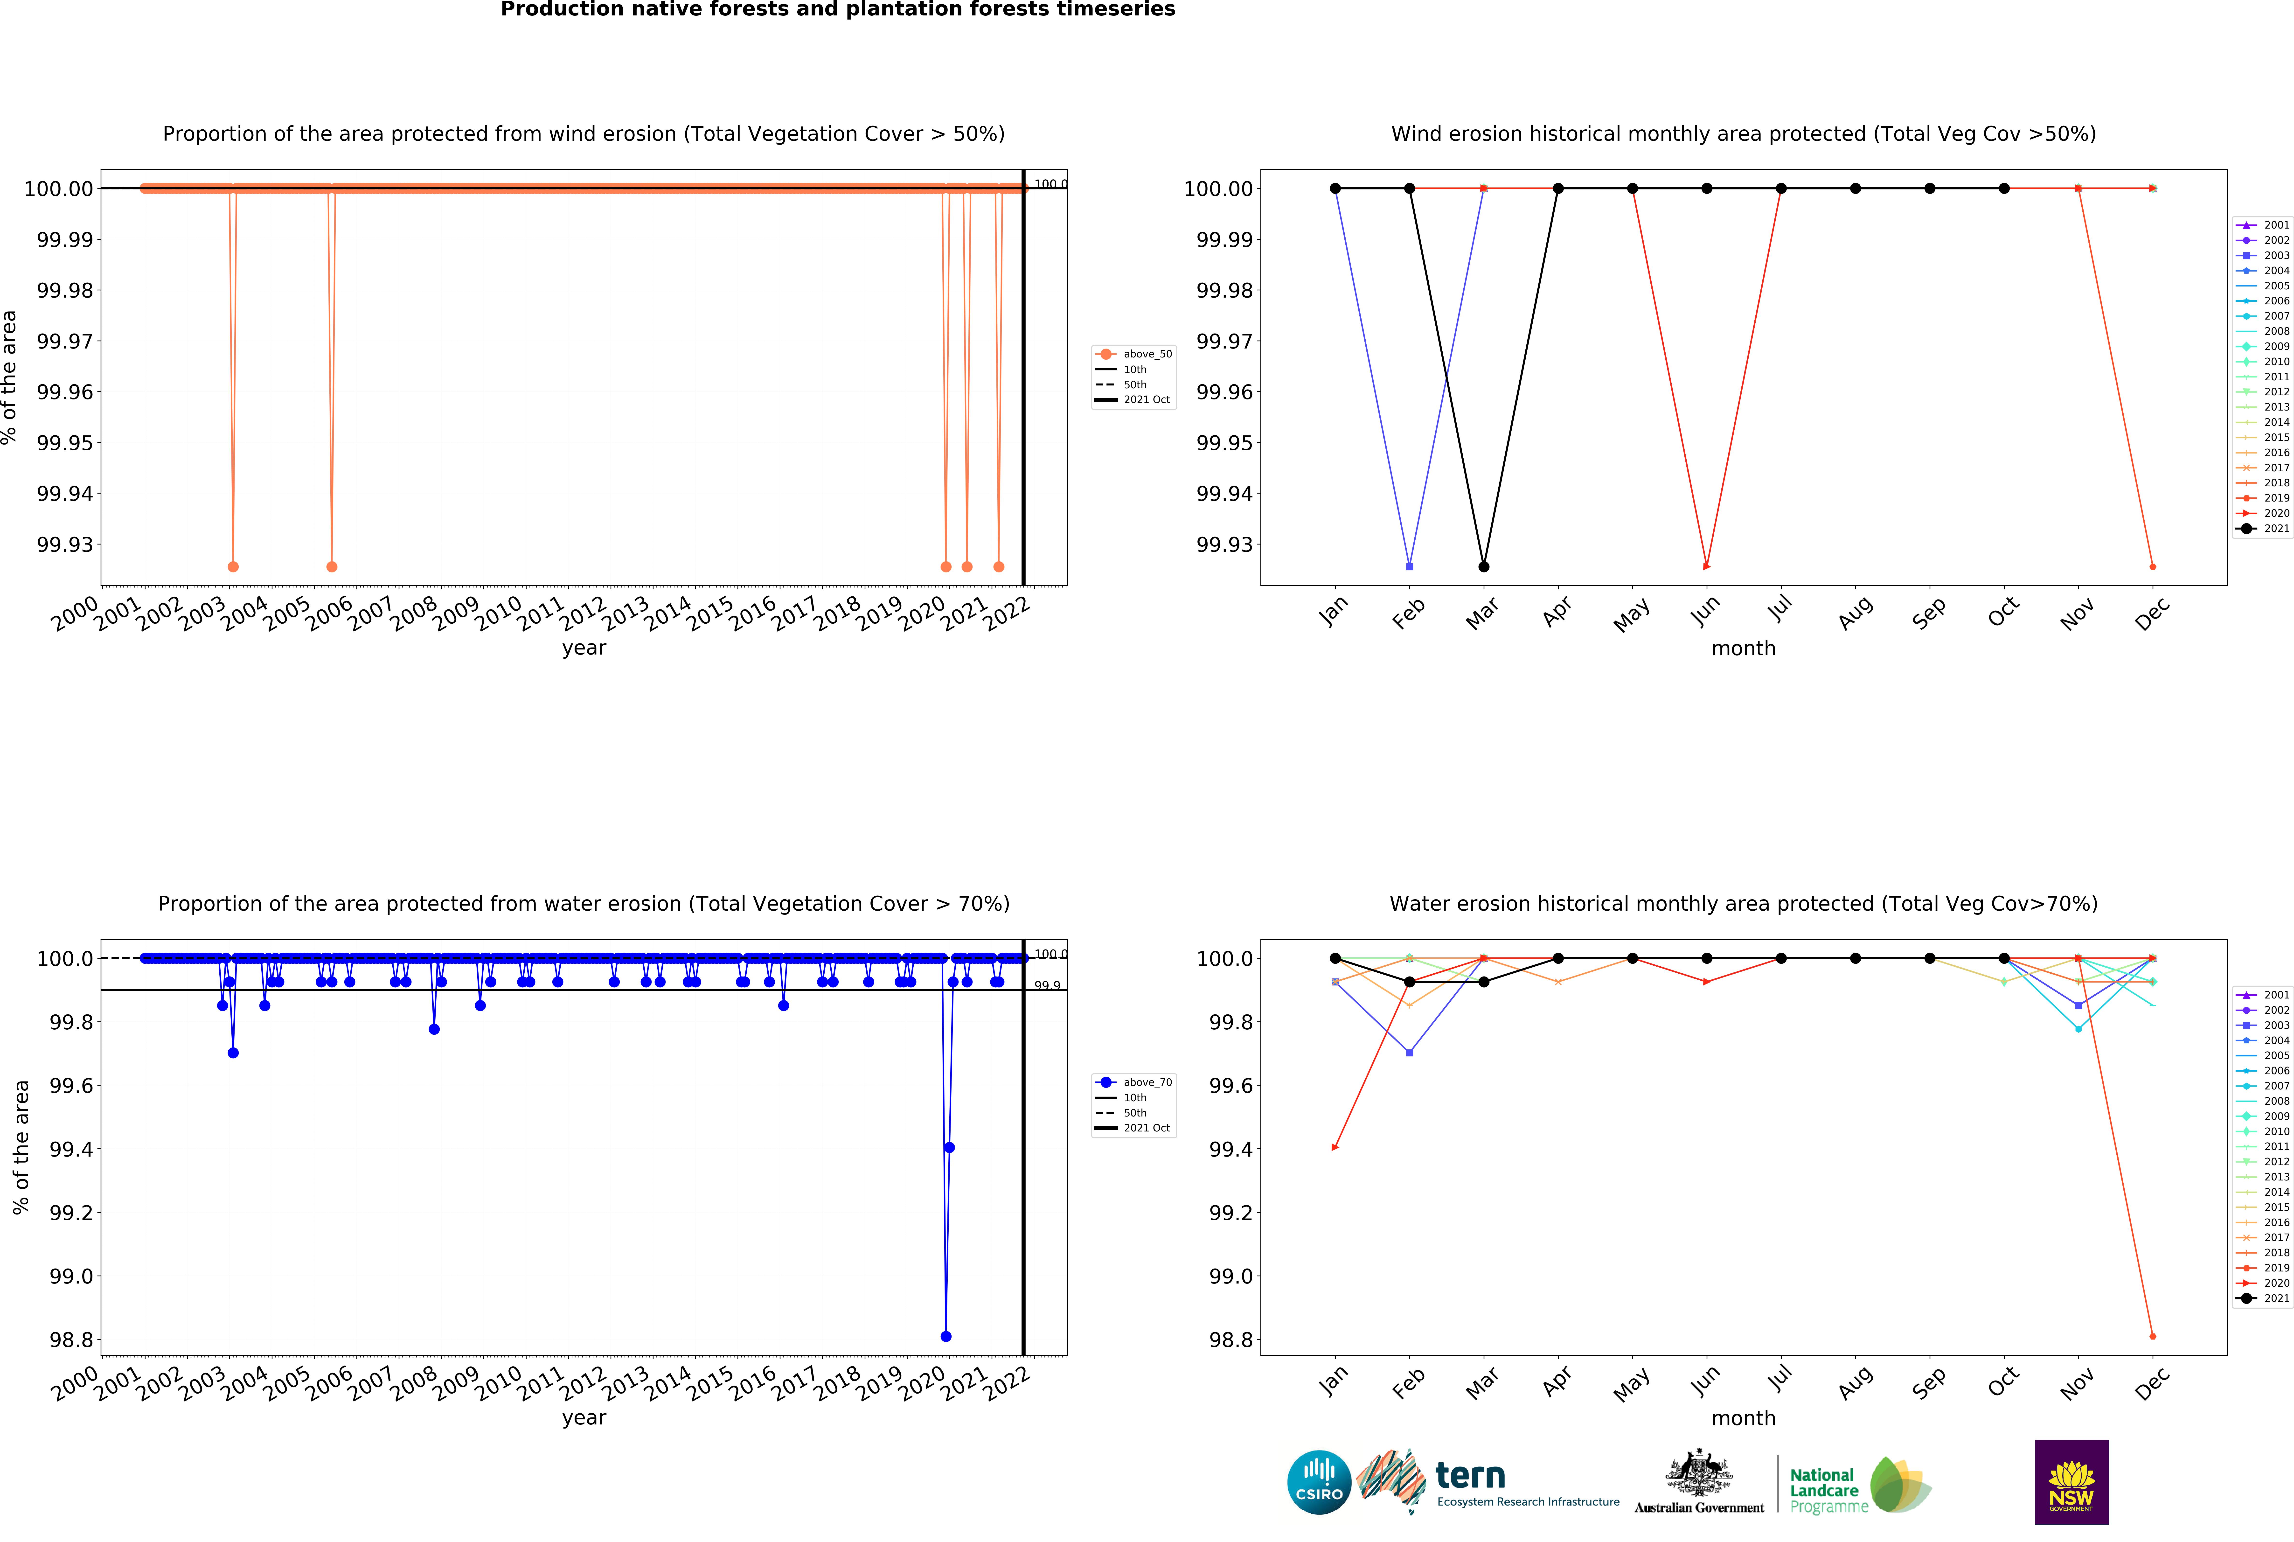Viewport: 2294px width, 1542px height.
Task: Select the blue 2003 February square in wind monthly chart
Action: pos(1410,566)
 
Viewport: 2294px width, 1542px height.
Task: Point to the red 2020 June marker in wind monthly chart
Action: pos(1706,566)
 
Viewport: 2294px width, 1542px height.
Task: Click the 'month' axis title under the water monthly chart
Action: pos(1743,1418)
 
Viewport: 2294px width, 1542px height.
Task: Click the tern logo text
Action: pos(1470,1476)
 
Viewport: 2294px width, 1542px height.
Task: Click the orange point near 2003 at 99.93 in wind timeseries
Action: pos(233,566)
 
